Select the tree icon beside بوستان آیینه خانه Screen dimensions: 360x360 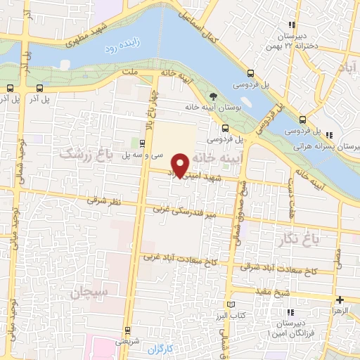point(213,96)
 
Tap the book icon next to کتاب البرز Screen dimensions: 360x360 point(232,304)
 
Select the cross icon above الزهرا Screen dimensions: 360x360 point(340,300)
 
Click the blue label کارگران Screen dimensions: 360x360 point(164,348)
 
